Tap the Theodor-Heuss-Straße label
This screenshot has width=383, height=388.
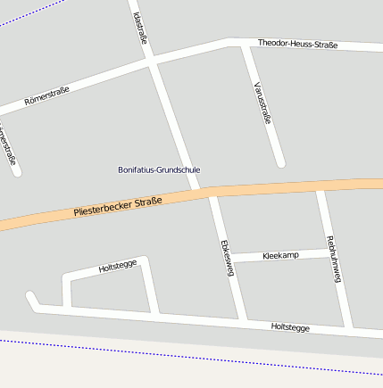297,43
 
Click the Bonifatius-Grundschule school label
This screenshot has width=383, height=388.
159,169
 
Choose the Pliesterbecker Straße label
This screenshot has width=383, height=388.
118,207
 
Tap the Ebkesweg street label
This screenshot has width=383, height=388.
226,258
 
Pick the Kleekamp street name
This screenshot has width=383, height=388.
281,255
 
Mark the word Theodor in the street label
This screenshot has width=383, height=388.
273,43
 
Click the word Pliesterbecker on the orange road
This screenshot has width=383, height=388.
104,210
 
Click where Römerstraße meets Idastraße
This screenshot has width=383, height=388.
151,62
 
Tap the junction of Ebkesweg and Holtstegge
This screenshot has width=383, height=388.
242,318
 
